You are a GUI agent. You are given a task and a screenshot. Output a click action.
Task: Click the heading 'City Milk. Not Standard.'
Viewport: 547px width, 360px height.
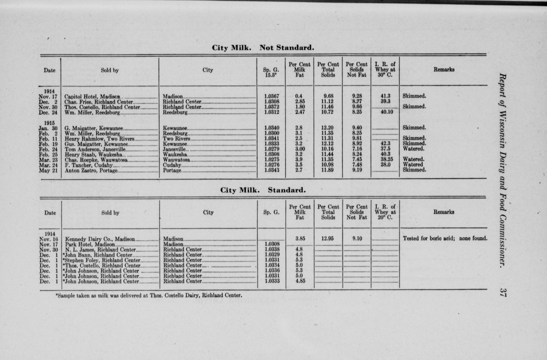(263, 48)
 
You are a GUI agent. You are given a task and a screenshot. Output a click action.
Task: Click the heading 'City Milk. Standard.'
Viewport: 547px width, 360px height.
(263, 190)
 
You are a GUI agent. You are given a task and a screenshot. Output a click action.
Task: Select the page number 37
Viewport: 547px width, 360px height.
(502, 292)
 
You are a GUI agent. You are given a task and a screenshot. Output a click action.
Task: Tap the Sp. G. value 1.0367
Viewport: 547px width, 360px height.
(272, 96)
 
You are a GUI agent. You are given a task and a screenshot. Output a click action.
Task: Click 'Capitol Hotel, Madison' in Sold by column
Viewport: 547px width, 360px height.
(92, 97)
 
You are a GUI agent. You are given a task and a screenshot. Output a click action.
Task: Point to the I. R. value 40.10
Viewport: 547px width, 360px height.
(385, 112)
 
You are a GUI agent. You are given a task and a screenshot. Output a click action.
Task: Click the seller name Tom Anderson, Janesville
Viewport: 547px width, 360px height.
(95, 149)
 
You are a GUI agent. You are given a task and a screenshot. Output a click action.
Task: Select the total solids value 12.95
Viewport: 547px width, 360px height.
(327, 238)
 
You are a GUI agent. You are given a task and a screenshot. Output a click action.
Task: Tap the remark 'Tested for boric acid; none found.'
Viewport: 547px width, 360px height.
(445, 238)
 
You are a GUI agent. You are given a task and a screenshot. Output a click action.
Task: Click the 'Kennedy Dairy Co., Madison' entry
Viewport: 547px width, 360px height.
(100, 239)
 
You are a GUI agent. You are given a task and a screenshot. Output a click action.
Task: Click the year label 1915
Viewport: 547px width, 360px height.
(49, 123)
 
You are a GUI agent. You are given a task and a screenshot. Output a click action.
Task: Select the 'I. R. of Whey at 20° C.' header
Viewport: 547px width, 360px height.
(385, 212)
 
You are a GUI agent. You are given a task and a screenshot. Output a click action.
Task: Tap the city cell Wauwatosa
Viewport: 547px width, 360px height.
(176, 160)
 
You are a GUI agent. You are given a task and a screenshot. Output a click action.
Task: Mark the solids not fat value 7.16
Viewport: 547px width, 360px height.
(356, 149)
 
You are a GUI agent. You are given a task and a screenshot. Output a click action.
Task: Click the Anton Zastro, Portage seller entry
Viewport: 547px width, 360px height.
(91, 171)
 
